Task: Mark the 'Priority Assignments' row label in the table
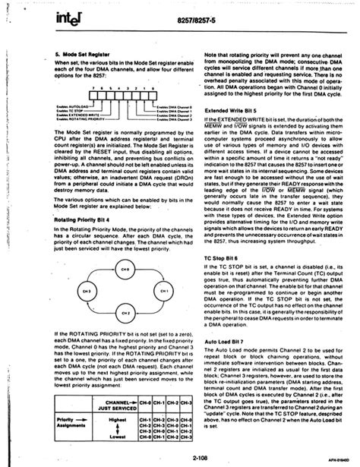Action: (x=72, y=422)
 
